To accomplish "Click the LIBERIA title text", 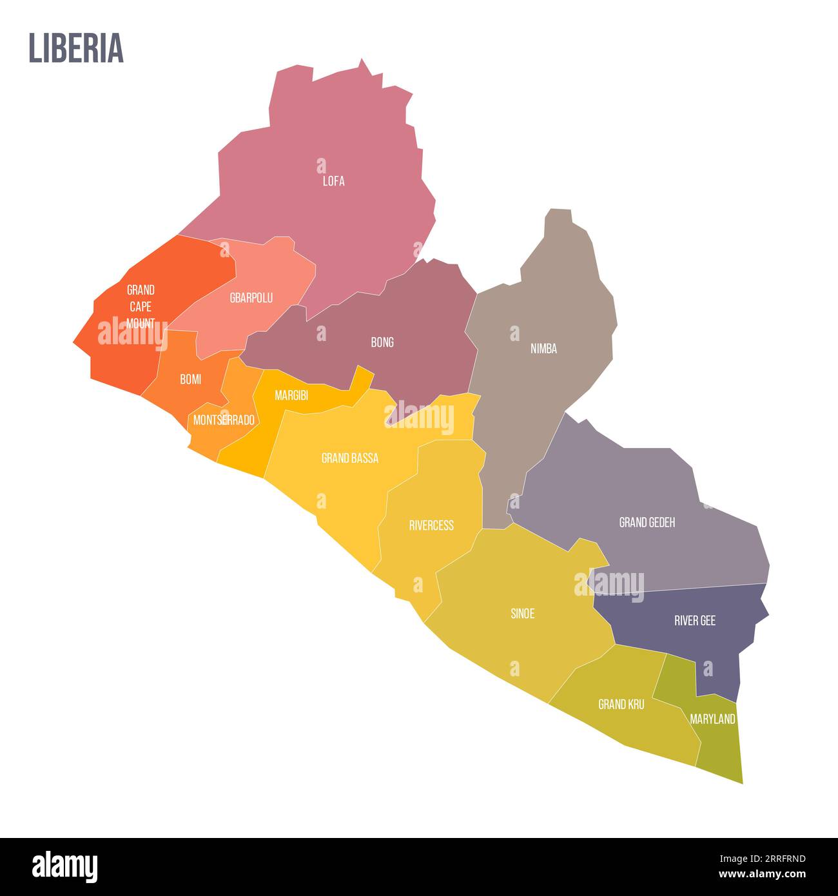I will click(x=76, y=48).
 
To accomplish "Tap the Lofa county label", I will click(x=333, y=181).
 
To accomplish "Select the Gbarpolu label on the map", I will click(x=251, y=298).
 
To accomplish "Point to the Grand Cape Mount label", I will click(x=141, y=306).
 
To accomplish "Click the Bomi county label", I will click(x=190, y=379).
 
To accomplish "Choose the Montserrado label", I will click(x=224, y=420).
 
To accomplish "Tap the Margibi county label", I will click(x=291, y=396).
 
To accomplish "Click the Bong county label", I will click(x=382, y=342).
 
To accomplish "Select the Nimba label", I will click(x=543, y=349).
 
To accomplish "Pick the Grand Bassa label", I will click(x=349, y=458).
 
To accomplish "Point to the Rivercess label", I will click(x=431, y=525).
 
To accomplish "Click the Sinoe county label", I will click(x=522, y=614).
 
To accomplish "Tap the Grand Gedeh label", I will click(x=647, y=522).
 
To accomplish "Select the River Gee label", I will click(x=695, y=621).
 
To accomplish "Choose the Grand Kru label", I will click(x=621, y=705).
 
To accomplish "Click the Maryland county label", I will click(x=712, y=719).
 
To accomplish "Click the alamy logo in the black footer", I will click(x=64, y=867).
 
